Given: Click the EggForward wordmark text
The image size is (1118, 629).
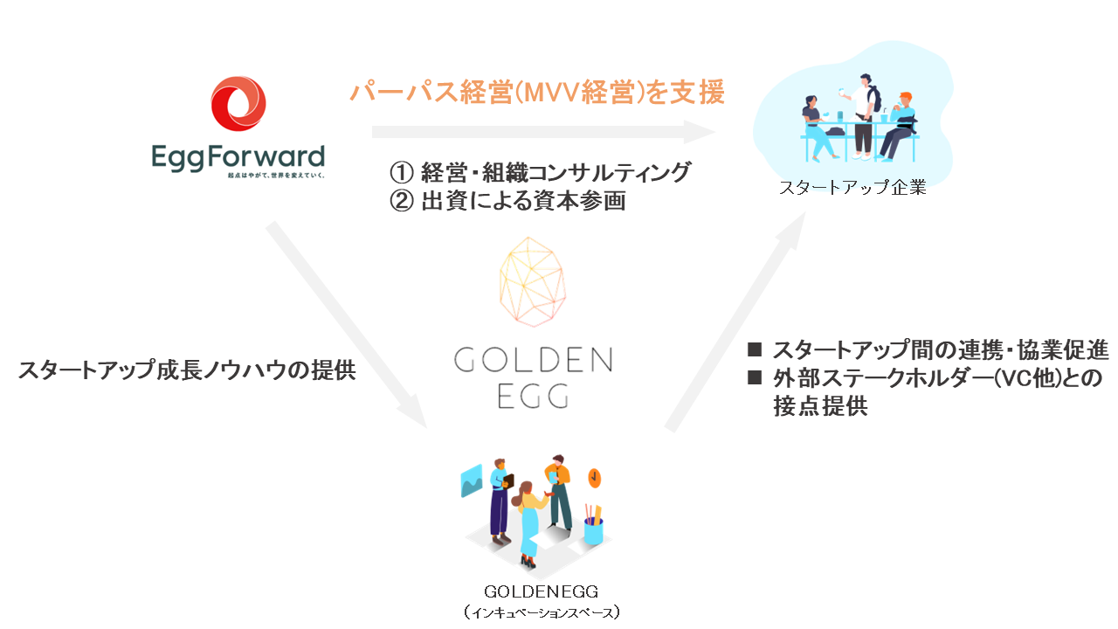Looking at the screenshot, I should [x=238, y=157].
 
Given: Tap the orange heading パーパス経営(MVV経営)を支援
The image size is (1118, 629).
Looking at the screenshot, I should [x=536, y=93].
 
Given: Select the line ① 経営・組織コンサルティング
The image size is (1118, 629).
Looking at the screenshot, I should [x=539, y=172].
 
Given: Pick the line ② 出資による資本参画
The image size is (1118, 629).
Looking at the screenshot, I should [x=507, y=202].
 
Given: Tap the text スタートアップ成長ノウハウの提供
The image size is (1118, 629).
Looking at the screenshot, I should [x=187, y=370].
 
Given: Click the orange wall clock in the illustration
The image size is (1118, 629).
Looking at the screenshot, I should [x=595, y=477].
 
